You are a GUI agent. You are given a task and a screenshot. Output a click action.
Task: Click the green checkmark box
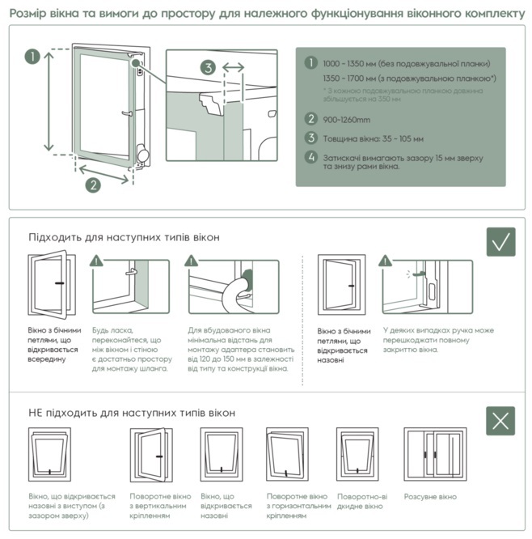(500, 242)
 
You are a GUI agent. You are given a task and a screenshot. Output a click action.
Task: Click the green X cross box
(500, 420)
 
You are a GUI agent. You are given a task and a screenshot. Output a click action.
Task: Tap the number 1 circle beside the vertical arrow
(31, 57)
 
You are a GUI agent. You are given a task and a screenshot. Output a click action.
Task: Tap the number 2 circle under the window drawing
(93, 185)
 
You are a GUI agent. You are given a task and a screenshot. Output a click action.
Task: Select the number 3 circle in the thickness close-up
(208, 68)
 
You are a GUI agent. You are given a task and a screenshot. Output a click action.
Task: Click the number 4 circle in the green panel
(310, 157)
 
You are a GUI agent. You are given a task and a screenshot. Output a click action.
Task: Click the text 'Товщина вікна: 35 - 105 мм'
(373, 138)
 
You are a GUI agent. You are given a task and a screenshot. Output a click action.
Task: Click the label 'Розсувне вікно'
(430, 496)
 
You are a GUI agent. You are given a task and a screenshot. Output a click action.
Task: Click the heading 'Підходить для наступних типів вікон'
(124, 237)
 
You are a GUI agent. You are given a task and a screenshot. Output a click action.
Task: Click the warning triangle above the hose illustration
(191, 261)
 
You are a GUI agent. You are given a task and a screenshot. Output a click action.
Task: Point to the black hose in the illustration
(234, 292)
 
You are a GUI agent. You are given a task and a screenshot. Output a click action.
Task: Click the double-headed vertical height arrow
(48, 102)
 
